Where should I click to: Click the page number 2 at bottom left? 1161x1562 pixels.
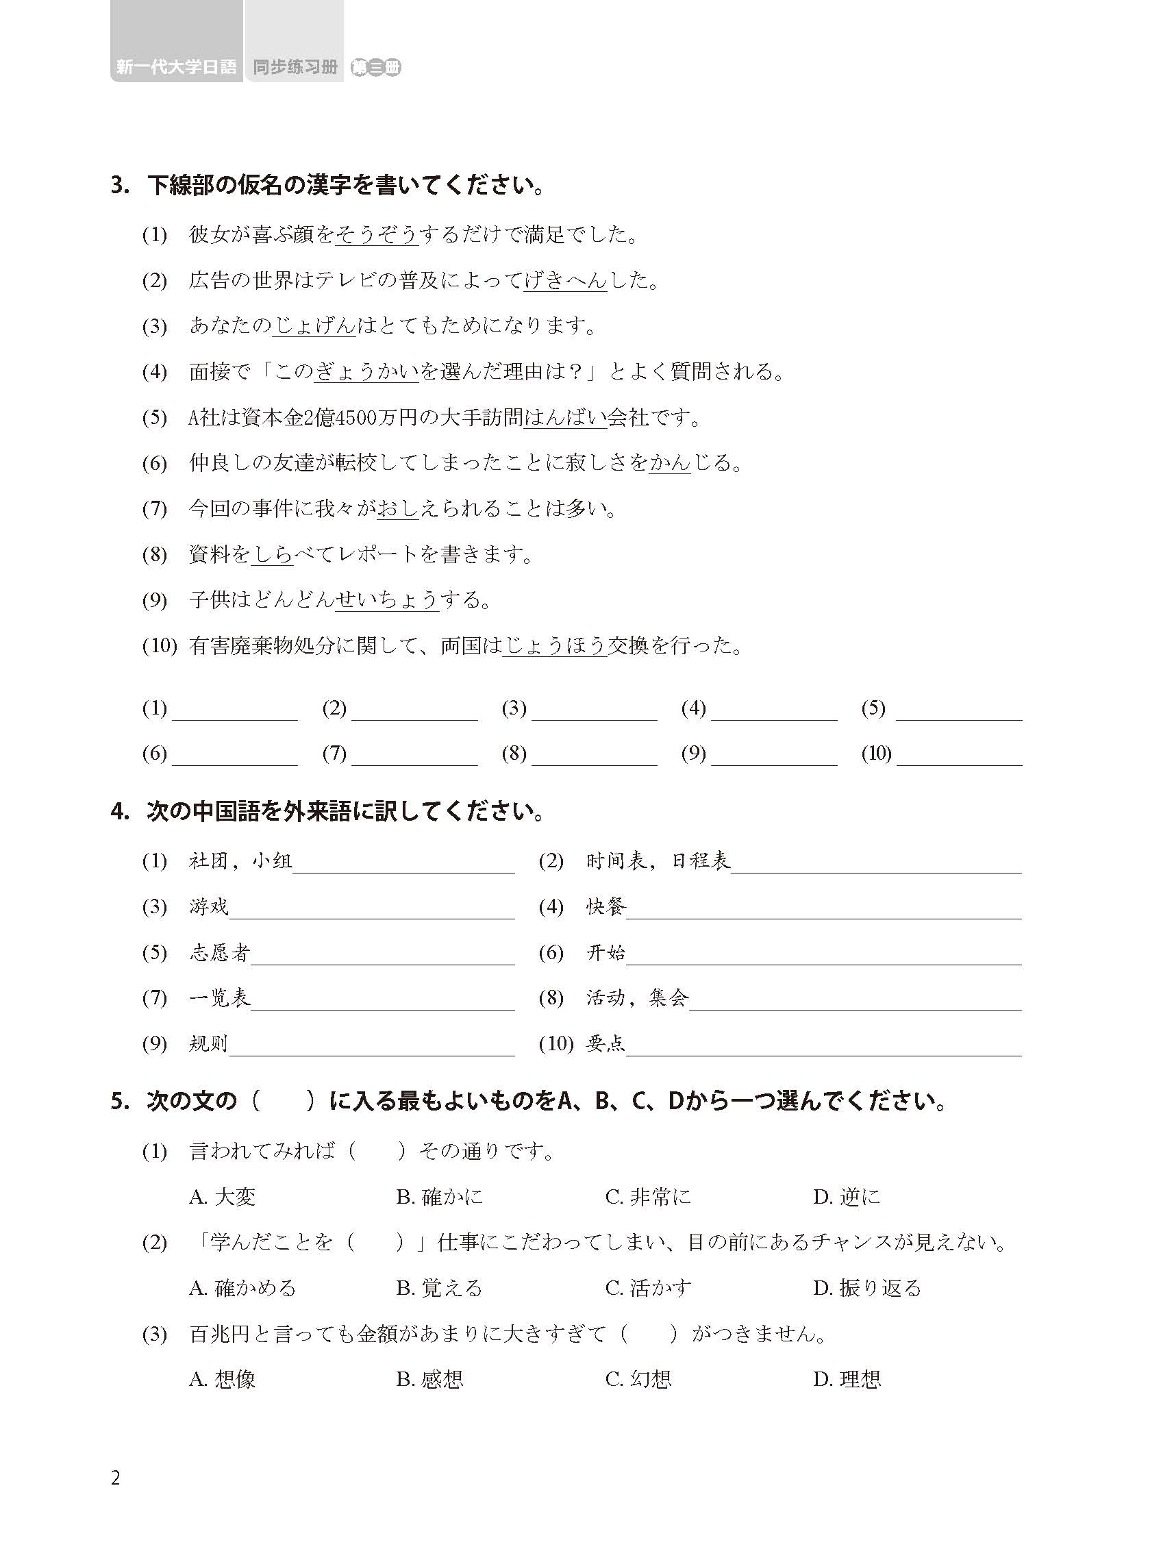point(116,1478)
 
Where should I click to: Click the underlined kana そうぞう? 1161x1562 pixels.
point(377,234)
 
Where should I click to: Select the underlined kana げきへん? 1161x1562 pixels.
point(565,280)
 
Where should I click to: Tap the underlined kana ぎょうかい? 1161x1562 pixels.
point(366,371)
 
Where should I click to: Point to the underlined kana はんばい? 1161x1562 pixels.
point(565,418)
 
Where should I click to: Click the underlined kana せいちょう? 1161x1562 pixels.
point(386,599)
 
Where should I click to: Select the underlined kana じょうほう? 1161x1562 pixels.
point(555,645)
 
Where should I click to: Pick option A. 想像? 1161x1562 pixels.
point(222,1379)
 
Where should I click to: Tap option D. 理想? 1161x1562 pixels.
point(847,1379)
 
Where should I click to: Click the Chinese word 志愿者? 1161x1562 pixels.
point(219,952)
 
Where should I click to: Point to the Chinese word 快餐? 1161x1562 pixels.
point(606,907)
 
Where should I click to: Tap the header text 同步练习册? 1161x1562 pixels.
point(295,68)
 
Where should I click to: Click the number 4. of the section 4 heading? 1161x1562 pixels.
point(120,813)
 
